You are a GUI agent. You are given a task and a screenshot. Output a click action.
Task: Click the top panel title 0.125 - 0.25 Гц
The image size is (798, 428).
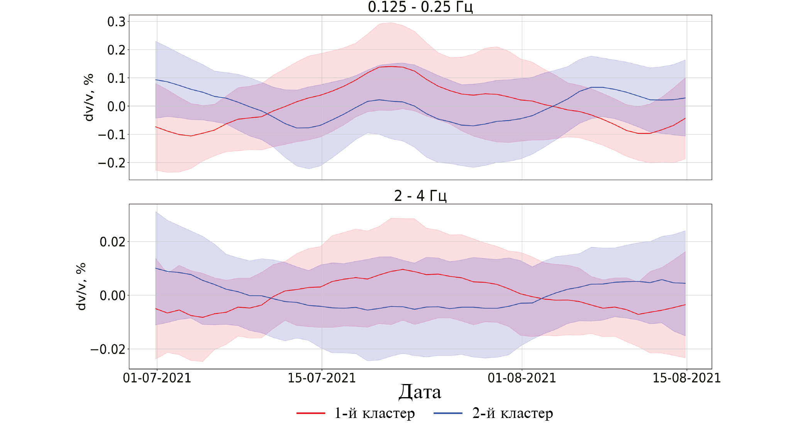click(420, 7)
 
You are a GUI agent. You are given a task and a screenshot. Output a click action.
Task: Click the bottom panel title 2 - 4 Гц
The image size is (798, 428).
click(420, 196)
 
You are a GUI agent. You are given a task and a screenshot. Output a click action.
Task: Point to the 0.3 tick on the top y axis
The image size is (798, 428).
click(116, 22)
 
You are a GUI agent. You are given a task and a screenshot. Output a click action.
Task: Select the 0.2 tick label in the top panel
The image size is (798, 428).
click(116, 50)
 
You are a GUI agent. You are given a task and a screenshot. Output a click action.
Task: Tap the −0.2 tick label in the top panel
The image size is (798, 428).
click(112, 163)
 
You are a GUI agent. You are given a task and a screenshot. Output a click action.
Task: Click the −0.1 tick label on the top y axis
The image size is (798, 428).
click(112, 135)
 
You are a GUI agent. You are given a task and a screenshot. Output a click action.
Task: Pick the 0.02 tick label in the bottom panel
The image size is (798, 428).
click(112, 242)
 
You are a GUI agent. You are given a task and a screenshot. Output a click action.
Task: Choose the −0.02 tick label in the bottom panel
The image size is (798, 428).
click(108, 349)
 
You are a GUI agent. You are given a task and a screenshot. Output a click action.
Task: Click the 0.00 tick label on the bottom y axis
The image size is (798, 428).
click(112, 296)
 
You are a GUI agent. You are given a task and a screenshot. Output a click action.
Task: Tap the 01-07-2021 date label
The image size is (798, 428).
click(157, 378)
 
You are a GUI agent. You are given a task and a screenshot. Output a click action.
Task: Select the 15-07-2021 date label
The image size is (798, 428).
click(322, 378)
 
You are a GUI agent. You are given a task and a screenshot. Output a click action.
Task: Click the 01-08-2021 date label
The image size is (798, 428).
click(522, 378)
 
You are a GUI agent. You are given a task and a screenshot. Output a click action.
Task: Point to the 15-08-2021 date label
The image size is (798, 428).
click(686, 378)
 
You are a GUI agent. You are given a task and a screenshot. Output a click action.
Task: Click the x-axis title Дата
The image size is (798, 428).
click(420, 392)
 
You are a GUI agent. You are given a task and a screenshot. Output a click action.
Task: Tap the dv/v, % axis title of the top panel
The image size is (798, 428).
click(89, 98)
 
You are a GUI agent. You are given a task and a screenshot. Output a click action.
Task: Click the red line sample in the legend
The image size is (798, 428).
click(311, 413)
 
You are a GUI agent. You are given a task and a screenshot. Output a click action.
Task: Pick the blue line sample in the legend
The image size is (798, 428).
click(448, 413)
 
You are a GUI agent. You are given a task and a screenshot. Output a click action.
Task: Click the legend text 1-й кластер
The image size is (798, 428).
click(374, 413)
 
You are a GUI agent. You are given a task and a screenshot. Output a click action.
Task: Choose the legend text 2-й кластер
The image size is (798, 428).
click(513, 413)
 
